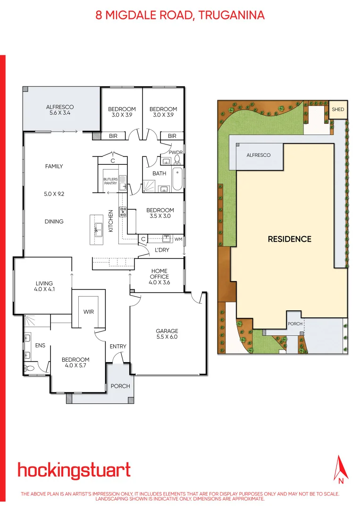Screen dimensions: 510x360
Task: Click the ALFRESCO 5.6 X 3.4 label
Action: point(59,110)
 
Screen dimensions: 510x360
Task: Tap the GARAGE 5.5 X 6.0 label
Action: point(167,334)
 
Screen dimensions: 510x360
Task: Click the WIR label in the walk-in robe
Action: point(88,312)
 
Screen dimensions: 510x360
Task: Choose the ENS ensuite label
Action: point(40,346)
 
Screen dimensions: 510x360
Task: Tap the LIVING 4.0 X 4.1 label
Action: point(45,286)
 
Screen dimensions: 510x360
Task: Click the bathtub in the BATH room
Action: point(177,178)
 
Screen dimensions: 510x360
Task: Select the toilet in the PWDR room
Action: point(177,159)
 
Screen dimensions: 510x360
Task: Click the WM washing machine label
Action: point(178,239)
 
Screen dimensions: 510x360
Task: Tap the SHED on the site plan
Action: point(338,110)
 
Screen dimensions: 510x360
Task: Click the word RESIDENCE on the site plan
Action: point(290,239)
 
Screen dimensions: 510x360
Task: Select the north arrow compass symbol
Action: point(340,469)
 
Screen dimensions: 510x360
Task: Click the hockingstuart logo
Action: point(74,470)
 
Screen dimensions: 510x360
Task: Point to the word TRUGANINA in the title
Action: point(232,15)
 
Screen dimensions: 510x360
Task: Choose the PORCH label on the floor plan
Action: point(120,386)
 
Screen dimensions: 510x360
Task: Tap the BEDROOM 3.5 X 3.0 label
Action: point(160,213)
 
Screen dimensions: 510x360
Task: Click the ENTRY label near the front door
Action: point(118,347)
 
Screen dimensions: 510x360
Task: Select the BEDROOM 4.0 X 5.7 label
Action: point(75,362)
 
